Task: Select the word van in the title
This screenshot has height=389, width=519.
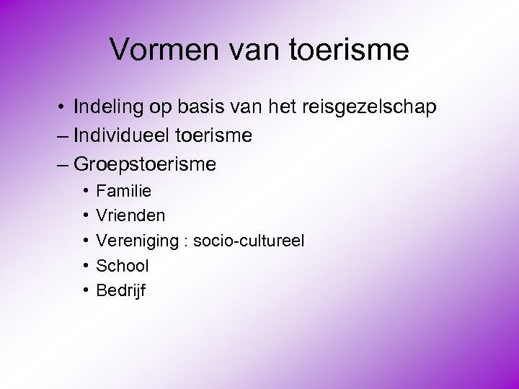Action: coord(247,50)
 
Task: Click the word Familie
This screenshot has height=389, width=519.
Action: coord(123,192)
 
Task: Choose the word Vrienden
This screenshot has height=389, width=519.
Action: coord(130,215)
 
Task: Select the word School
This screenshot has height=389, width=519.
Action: coord(123,266)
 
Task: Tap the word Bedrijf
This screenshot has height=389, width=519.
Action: coord(121,291)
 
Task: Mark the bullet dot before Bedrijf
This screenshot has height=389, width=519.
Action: coord(85,290)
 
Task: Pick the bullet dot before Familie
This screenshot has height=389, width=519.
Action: coord(85,192)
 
